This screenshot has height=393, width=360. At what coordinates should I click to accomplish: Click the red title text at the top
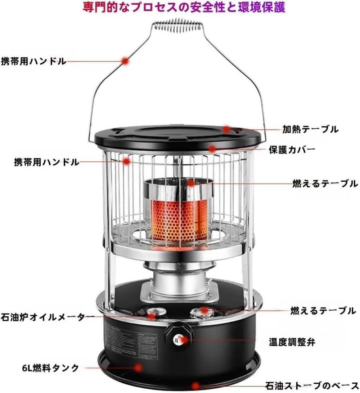click(184, 8)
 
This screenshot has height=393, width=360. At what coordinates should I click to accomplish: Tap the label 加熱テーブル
click(310, 129)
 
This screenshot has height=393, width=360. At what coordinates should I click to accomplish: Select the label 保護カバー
click(292, 149)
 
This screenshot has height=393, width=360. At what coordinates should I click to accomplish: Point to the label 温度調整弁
click(292, 342)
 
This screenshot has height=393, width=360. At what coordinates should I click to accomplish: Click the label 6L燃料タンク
click(50, 368)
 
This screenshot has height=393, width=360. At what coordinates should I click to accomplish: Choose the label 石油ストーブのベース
click(312, 386)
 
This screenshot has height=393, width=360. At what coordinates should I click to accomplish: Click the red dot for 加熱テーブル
click(226, 129)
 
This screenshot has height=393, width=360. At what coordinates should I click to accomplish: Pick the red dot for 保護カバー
click(212, 148)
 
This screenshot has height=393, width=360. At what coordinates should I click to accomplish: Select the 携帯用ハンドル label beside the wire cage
click(46, 162)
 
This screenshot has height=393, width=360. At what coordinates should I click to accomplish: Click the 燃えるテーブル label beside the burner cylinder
click(325, 184)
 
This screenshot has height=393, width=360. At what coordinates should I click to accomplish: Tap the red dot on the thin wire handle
click(125, 61)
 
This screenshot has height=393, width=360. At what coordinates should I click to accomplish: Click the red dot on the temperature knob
click(183, 339)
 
